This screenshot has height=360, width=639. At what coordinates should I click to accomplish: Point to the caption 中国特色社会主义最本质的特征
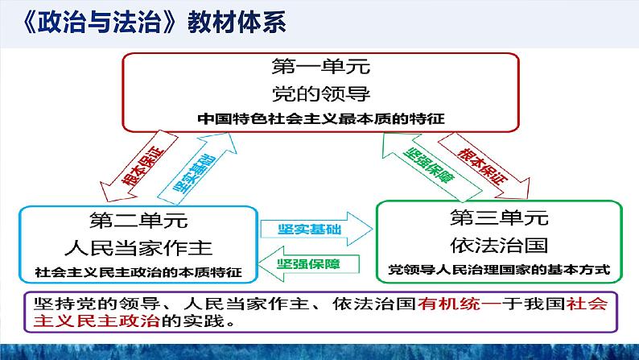[320, 118]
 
